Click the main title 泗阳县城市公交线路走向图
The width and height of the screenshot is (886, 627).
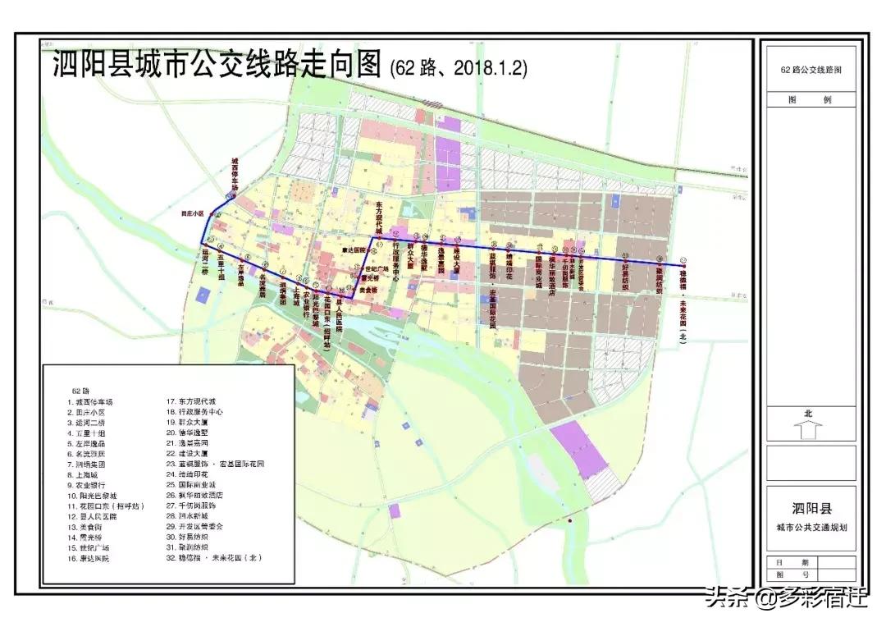click(217, 65)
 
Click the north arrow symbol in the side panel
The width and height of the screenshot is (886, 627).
click(809, 429)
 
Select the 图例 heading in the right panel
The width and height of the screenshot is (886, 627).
click(809, 99)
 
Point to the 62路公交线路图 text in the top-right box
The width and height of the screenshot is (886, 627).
click(811, 70)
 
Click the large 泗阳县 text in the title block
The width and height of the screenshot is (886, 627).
click(810, 504)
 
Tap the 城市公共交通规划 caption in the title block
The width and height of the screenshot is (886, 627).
click(810, 527)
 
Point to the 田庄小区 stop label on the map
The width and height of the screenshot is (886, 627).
click(192, 213)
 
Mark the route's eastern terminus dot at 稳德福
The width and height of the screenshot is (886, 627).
click(683, 264)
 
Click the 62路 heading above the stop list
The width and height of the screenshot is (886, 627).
click(80, 390)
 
